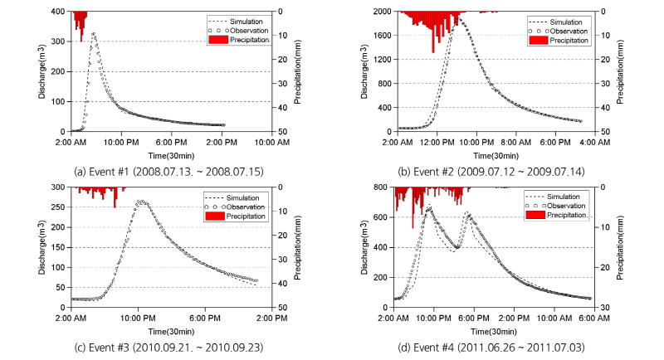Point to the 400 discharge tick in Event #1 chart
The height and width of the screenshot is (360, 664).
pyautogui.click(x=61, y=12)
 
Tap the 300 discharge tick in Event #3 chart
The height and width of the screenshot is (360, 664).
pyautogui.click(x=61, y=187)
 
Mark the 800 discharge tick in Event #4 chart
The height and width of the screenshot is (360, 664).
pyautogui.click(x=385, y=187)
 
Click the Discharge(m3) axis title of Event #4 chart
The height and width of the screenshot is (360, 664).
pyautogui.click(x=366, y=247)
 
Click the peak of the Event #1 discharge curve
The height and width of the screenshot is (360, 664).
pyautogui.click(x=93, y=33)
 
